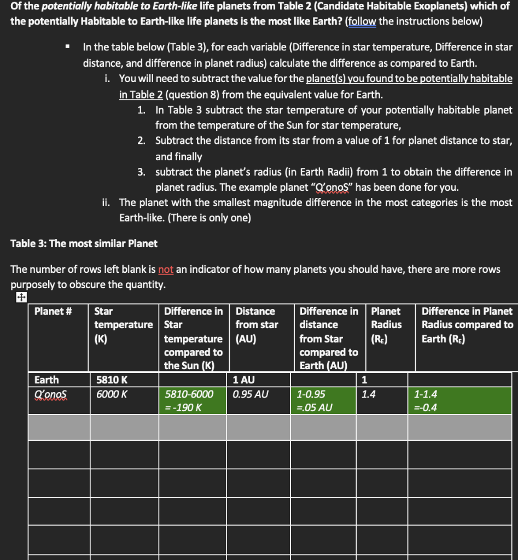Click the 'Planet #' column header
click(54, 311)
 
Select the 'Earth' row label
click(46, 380)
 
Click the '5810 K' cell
click(109, 380)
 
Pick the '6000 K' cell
click(110, 394)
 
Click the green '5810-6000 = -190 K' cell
click(194, 400)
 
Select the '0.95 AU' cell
click(250, 394)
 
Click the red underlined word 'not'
click(166, 270)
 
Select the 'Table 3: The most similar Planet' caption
click(84, 243)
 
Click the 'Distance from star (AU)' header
click(256, 325)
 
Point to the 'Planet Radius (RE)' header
click(386, 325)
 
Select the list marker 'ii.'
click(107, 203)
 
